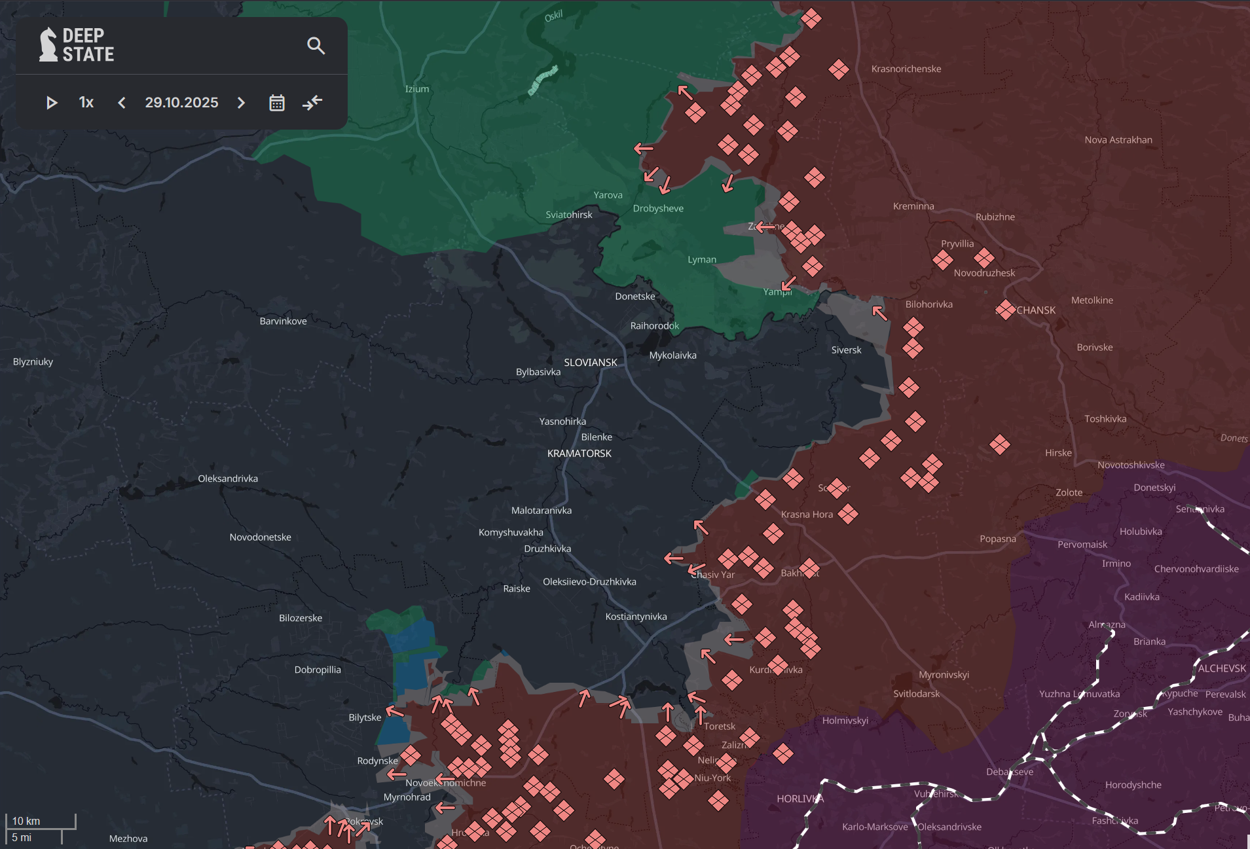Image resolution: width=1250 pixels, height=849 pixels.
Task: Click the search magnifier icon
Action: point(316,46)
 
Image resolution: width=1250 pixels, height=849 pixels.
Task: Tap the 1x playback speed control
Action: point(86,103)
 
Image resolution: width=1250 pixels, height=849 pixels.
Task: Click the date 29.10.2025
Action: point(181,103)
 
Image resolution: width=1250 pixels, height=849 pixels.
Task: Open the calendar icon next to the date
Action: point(277,103)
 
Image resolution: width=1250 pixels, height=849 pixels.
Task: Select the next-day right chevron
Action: point(241,103)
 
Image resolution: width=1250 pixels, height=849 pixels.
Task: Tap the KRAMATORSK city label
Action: point(579,453)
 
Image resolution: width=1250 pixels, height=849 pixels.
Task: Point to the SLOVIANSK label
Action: point(590,362)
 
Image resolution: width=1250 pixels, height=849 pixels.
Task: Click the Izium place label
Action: point(417,89)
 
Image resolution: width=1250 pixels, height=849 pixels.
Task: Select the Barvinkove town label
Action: point(283,321)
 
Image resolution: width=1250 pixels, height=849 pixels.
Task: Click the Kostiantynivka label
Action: point(636,617)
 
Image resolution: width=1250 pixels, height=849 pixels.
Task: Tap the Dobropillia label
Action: point(317,670)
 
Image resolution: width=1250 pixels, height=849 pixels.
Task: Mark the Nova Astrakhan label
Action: point(1118,139)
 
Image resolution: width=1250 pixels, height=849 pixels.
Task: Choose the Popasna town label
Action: point(997,539)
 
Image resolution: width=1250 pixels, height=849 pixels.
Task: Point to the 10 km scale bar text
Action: point(26,821)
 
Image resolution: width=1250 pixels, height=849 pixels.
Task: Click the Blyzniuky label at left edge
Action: point(33,361)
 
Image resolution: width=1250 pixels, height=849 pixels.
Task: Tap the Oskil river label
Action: point(553,16)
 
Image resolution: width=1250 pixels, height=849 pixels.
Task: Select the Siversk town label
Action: point(846,350)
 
